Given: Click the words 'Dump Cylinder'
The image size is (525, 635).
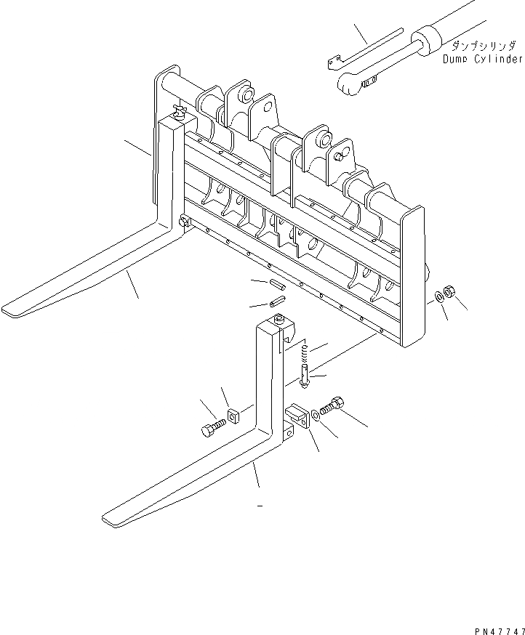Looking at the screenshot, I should point(481,59).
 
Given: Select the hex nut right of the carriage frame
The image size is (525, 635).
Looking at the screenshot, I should point(450,293).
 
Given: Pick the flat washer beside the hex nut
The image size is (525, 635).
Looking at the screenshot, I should point(441,296).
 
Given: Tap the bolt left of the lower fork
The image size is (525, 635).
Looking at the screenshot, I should point(210,429).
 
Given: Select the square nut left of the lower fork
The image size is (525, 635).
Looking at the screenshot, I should point(233,416).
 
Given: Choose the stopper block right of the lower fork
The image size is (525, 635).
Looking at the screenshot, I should point(297,417).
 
